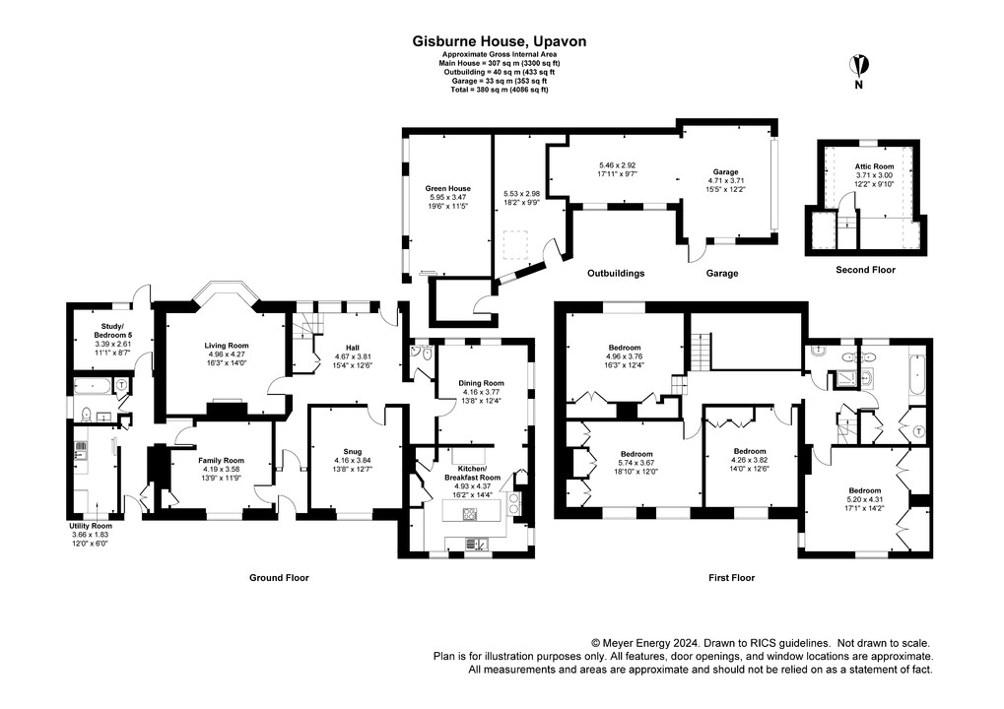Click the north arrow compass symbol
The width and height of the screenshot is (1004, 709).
point(860,66)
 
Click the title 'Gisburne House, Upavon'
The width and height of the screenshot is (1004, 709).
point(499,41)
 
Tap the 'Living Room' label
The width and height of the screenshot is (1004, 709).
point(227,346)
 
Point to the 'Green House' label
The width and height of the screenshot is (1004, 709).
point(447,188)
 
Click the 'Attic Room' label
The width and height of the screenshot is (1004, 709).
point(874,167)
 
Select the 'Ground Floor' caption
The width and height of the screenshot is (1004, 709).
point(279,578)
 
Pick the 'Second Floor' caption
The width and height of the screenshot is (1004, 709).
point(865,269)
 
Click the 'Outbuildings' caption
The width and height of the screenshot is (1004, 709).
point(616,273)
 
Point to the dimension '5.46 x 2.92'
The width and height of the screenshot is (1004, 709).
point(618,166)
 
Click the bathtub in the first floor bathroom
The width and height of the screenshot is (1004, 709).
point(914,376)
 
